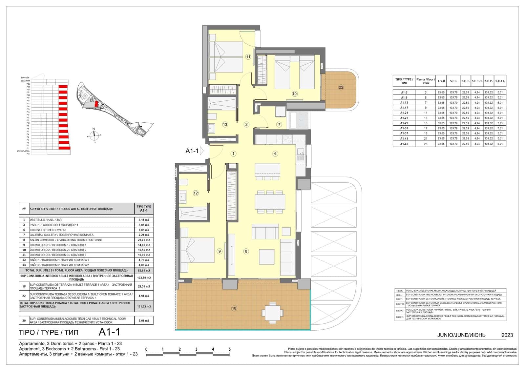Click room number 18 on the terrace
(x=234, y=308)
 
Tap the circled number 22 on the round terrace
(x=341, y=87)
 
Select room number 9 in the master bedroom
(x=219, y=251)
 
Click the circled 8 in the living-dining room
(x=246, y=251)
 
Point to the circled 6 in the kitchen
(x=275, y=154)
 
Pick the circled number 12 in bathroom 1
(x=196, y=193)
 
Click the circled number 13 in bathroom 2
(x=225, y=124)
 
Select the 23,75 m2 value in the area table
(x=143, y=240)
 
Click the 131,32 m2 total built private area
(x=144, y=306)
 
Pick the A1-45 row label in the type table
(x=404, y=144)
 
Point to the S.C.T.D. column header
(x=477, y=81)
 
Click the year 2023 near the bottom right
(x=507, y=335)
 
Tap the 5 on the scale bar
(x=229, y=349)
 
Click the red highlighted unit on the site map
(x=96, y=104)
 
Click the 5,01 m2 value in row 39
(x=144, y=320)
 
